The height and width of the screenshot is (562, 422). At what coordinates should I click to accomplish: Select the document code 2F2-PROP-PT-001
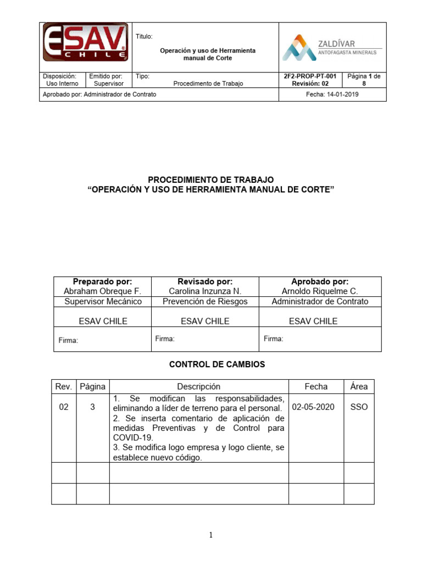pyautogui.click(x=310, y=76)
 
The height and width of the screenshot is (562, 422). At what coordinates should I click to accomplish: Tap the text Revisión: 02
pyautogui.click(x=310, y=84)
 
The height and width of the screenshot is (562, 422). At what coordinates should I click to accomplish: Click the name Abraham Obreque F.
pyautogui.click(x=103, y=291)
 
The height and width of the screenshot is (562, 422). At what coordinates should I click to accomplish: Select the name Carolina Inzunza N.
pyautogui.click(x=205, y=291)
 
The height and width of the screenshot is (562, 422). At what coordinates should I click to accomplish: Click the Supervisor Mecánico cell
pyautogui.click(x=103, y=301)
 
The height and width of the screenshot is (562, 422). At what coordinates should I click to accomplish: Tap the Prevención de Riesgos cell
pyautogui.click(x=205, y=301)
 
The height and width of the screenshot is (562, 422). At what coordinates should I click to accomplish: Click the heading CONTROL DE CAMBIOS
pyautogui.click(x=209, y=364)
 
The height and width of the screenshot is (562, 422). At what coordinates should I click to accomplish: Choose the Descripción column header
pyautogui.click(x=198, y=386)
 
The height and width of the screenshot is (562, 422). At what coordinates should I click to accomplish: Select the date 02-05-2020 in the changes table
pyautogui.click(x=313, y=407)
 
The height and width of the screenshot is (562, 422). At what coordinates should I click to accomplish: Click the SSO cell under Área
pyautogui.click(x=359, y=407)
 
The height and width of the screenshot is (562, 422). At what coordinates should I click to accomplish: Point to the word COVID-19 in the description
pyautogui.click(x=131, y=437)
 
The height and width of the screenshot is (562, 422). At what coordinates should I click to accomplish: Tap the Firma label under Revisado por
pyautogui.click(x=165, y=339)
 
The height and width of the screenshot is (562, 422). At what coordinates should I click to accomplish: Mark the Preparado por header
pyautogui.click(x=103, y=282)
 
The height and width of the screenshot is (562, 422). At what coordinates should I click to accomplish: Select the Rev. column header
pyautogui.click(x=64, y=386)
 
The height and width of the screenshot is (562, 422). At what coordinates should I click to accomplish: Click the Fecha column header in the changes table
pyautogui.click(x=316, y=386)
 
